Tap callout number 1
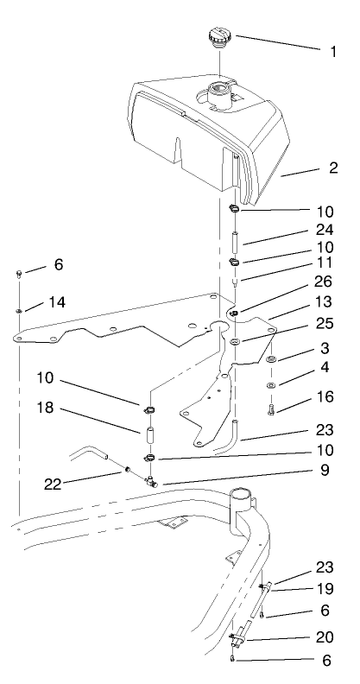tap(333, 51)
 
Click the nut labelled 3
tap(271, 359)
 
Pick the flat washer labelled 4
tap(271, 384)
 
